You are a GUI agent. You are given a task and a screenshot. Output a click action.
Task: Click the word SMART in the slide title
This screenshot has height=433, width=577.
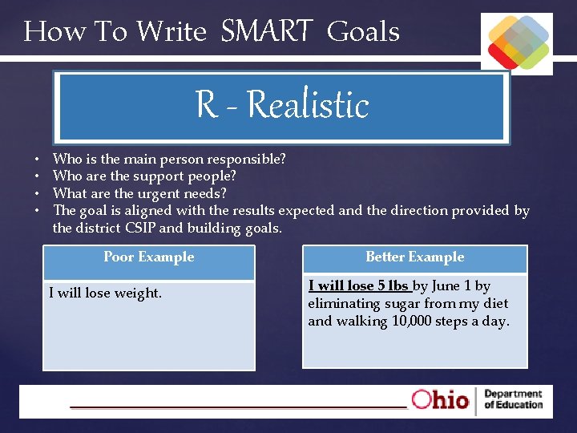[266, 31]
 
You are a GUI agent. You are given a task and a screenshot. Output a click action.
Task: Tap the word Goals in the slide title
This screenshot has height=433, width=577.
[363, 31]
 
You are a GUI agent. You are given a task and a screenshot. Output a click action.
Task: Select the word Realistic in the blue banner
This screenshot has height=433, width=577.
[308, 105]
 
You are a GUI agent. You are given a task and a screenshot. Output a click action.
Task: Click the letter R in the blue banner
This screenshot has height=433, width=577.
[205, 105]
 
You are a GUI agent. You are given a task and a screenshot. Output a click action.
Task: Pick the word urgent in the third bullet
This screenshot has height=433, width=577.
[146, 193]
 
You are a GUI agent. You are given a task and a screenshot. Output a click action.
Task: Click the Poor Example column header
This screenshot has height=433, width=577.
[149, 257]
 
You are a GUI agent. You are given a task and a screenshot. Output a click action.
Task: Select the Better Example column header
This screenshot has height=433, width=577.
[414, 257]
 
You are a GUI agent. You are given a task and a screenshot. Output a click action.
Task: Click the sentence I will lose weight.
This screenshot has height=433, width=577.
[105, 293]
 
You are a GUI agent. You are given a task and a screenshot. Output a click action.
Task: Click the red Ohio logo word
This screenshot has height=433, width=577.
[440, 399]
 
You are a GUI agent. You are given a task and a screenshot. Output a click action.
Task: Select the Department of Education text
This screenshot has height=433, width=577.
[513, 399]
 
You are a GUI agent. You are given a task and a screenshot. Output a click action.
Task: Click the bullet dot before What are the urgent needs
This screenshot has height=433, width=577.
[38, 194]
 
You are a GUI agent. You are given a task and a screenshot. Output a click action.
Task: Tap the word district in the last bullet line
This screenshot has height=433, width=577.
[99, 229]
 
